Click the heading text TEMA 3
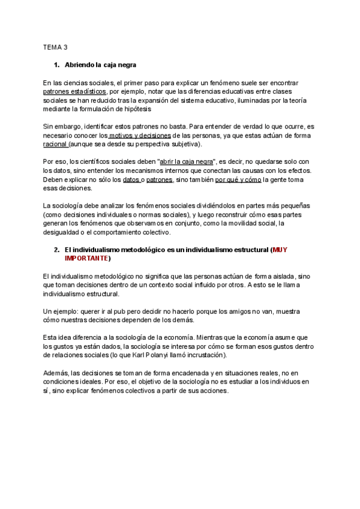pos(55,46)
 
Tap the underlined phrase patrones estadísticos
pos(74,92)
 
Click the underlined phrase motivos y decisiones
pos(140,136)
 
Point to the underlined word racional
pos(55,145)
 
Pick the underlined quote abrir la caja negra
pos(187,162)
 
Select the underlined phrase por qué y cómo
pos(239,180)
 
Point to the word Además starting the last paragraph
pos(56,373)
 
